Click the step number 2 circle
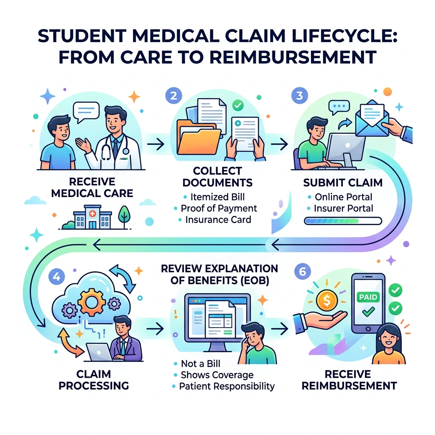point(173,96)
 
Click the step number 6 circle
point(302,272)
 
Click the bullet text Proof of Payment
point(218,208)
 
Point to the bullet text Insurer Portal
point(343,208)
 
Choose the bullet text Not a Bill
point(201,364)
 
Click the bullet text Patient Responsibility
point(226,386)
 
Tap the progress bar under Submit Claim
point(343,220)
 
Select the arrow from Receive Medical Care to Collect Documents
point(156,144)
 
